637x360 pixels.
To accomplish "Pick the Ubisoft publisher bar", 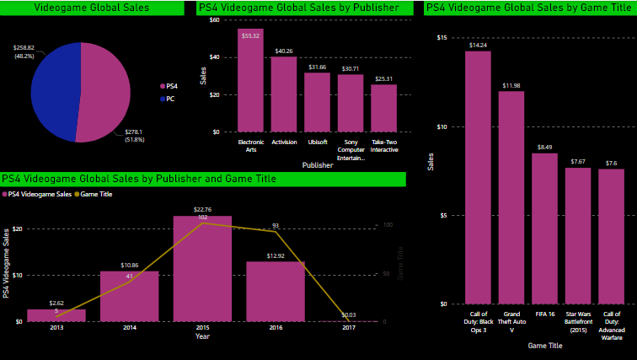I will [317, 102].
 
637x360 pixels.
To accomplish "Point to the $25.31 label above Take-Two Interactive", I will [383, 78].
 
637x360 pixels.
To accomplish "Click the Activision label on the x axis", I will [284, 142].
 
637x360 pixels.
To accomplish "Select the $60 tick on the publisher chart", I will [214, 19].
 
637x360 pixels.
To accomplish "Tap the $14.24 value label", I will [478, 45].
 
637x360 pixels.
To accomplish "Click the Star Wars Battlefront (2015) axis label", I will [577, 322].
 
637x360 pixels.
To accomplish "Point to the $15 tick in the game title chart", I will [442, 38].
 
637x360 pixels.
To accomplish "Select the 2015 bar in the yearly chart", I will [202, 269].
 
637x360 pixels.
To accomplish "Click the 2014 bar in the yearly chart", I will [129, 296].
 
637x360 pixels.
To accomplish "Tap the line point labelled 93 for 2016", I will [276, 231].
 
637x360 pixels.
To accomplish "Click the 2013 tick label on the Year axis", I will [56, 327].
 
